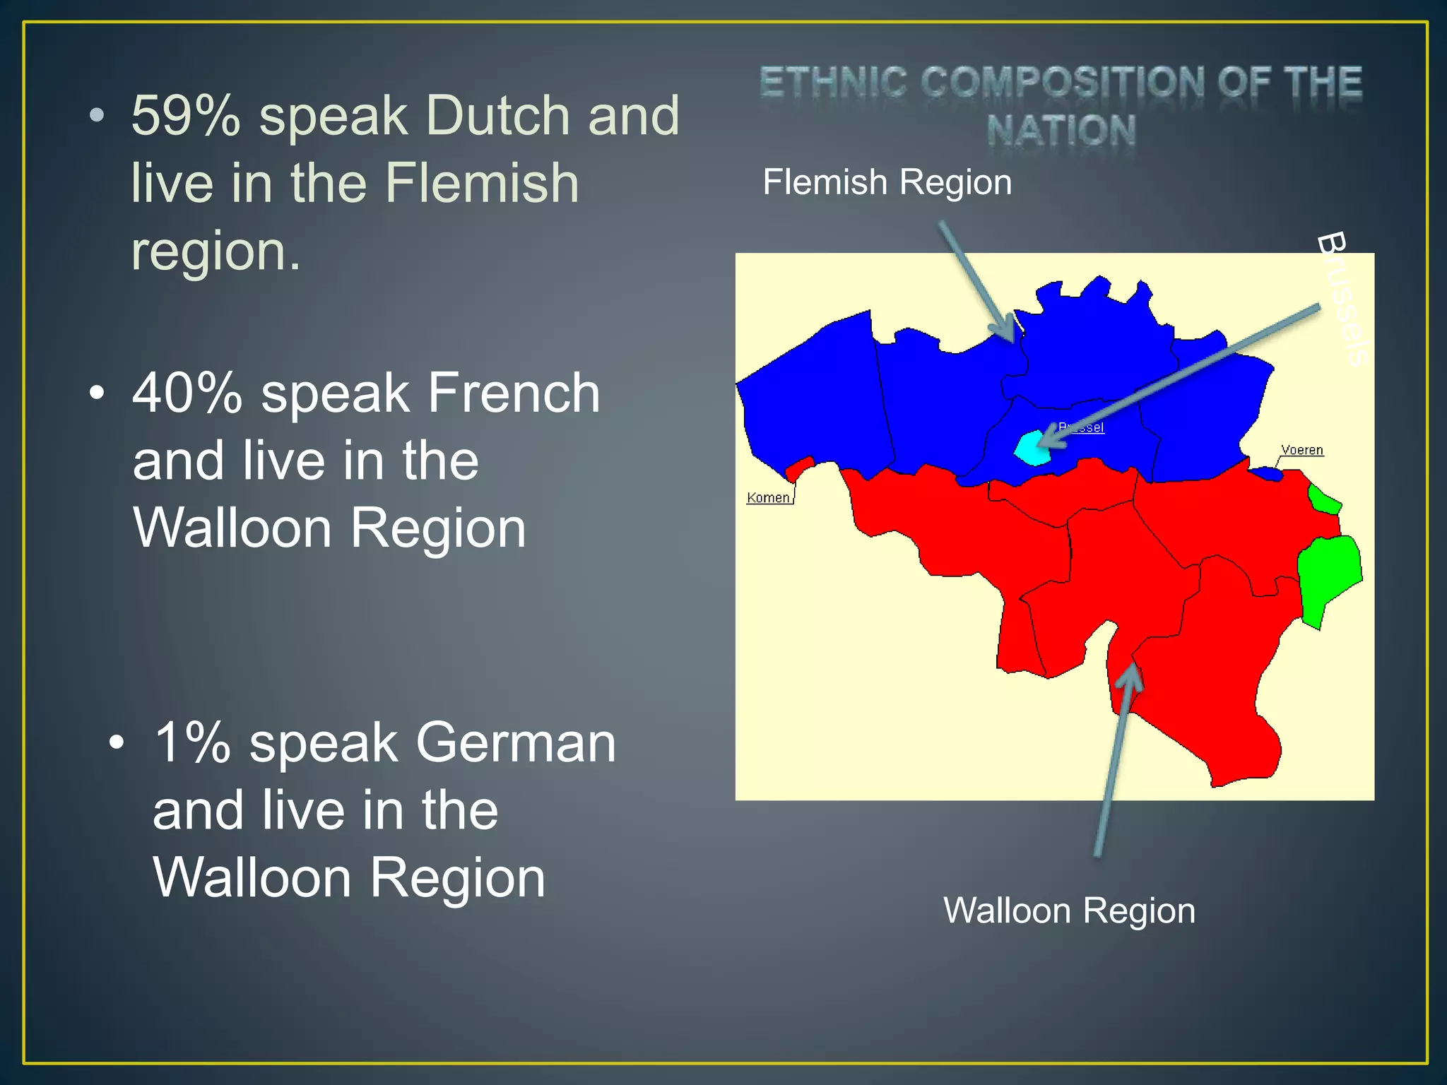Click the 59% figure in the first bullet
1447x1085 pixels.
(x=186, y=116)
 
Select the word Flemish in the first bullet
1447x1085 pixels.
(x=482, y=183)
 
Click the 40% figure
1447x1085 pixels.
(x=187, y=393)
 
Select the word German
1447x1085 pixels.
(x=516, y=743)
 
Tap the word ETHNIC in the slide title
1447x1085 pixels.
(x=834, y=82)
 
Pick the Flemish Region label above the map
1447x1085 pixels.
(x=887, y=182)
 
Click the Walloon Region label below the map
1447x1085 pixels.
(x=1069, y=911)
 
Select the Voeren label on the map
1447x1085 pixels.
(x=1301, y=450)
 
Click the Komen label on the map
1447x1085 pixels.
(x=768, y=498)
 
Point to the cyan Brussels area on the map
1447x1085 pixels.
(x=1030, y=449)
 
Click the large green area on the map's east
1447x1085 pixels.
(x=1328, y=576)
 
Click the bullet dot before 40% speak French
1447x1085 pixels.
(x=97, y=393)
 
